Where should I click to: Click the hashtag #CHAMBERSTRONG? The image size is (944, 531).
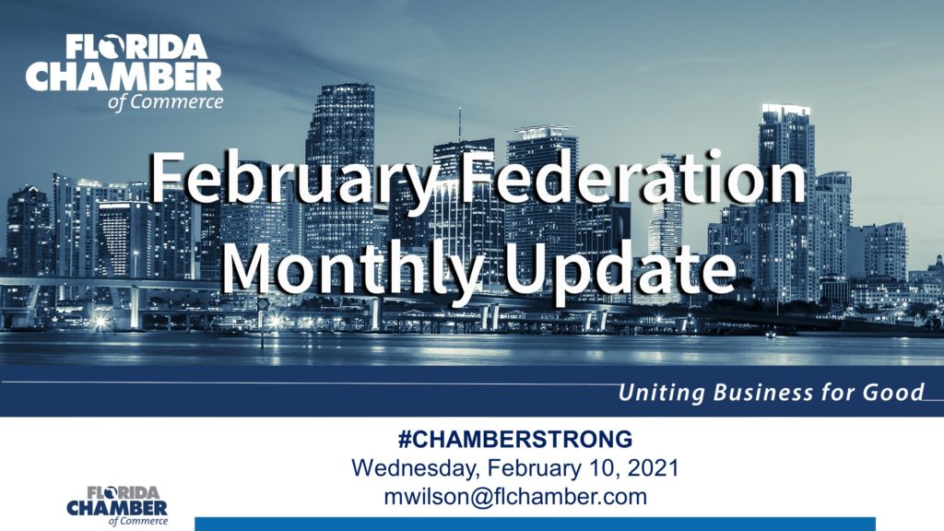(514, 440)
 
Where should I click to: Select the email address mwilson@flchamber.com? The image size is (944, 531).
(515, 497)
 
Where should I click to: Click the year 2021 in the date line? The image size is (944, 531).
(654, 467)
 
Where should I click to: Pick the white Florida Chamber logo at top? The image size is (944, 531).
(124, 72)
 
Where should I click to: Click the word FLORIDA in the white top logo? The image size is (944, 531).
(136, 47)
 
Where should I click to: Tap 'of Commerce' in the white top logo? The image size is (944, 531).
(166, 101)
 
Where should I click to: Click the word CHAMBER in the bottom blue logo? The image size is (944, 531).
(117, 508)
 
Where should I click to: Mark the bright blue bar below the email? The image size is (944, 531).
(535, 524)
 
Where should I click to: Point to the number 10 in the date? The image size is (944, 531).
(608, 467)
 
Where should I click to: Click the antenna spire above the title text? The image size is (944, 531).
(460, 124)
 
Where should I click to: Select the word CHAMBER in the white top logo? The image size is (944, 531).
(124, 77)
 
